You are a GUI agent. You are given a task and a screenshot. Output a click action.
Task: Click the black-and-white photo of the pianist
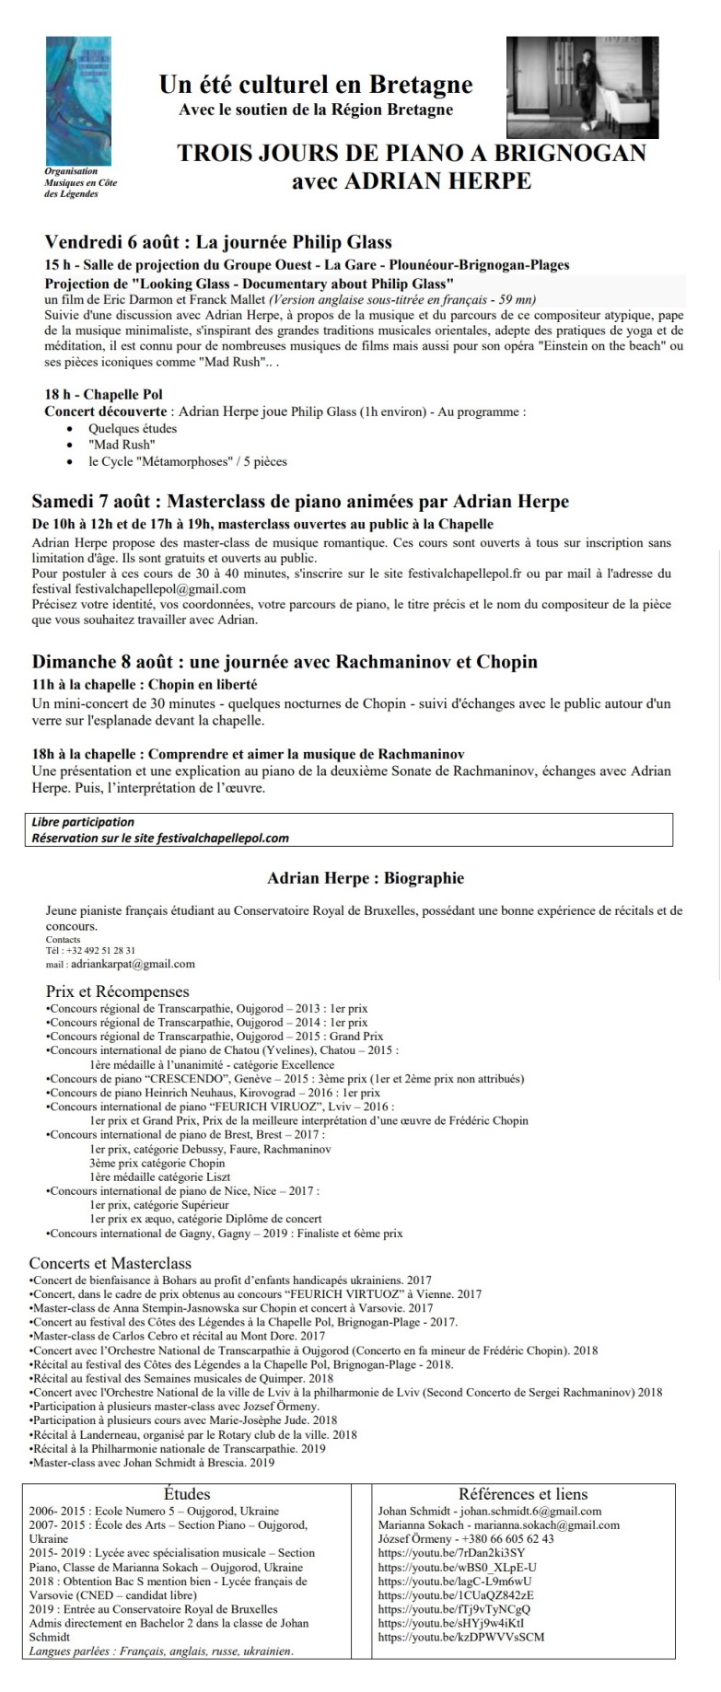click(x=582, y=87)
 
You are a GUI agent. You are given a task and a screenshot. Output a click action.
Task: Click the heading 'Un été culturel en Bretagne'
click(x=316, y=86)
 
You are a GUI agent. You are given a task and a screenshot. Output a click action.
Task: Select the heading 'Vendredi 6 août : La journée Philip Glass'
click(x=218, y=242)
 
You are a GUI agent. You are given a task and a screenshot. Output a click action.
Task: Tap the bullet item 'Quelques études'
click(x=133, y=428)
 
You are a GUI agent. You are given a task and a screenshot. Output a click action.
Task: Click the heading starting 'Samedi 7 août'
click(x=300, y=502)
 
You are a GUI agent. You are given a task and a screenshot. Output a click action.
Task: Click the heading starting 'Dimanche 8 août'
click(x=285, y=662)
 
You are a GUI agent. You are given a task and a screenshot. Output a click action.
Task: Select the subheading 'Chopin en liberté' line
click(x=145, y=685)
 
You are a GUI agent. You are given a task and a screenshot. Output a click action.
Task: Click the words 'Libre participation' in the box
click(x=83, y=822)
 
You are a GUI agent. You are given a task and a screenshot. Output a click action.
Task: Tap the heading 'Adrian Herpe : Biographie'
click(x=366, y=878)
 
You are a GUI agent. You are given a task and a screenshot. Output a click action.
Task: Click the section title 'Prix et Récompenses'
click(x=118, y=991)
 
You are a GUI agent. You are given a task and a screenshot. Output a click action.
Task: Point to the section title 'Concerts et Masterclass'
click(x=110, y=1263)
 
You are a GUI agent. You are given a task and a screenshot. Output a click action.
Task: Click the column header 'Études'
click(x=187, y=1494)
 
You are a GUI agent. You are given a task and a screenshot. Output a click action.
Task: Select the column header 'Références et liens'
click(x=523, y=1494)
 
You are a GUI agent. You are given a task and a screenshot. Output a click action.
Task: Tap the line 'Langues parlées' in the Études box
click(x=161, y=1651)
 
